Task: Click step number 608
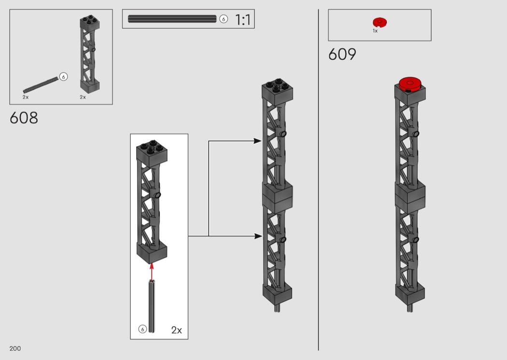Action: tap(24, 118)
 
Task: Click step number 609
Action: tap(342, 54)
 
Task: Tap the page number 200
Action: tap(15, 348)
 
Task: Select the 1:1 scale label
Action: tap(242, 20)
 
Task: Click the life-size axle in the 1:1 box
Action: tap(172, 19)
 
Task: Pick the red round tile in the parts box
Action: tap(380, 22)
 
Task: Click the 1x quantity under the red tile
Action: tap(375, 31)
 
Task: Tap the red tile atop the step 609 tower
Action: tap(410, 83)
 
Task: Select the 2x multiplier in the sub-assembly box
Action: tap(177, 330)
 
